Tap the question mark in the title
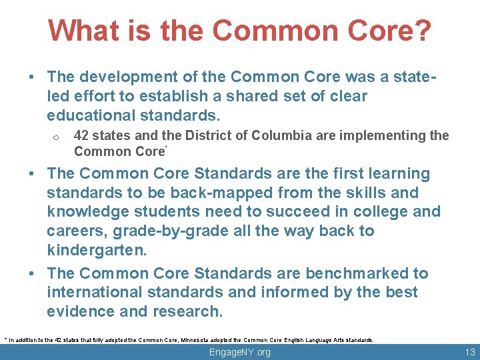[422, 31]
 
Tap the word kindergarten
[95, 251]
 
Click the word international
[95, 293]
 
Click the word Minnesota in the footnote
[204, 339]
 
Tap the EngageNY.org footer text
[240, 352]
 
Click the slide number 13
[469, 352]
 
